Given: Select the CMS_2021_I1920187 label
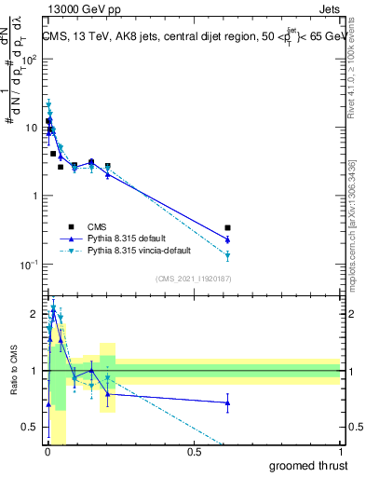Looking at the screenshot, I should point(193,277).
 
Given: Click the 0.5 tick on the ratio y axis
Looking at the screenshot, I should point(32,428).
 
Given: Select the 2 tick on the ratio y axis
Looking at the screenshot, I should point(35,314).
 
